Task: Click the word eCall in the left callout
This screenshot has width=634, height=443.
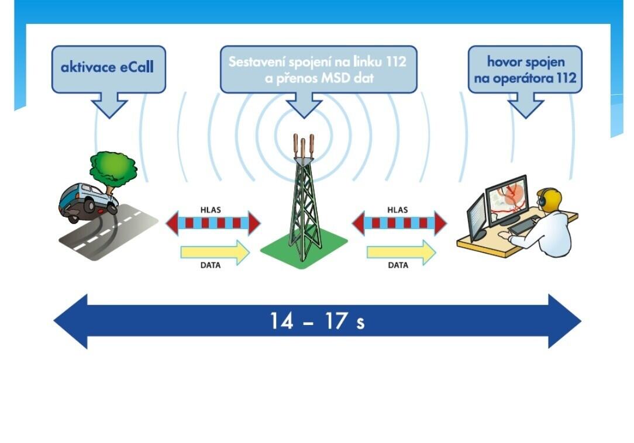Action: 137,67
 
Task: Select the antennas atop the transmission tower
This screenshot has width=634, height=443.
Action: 303,146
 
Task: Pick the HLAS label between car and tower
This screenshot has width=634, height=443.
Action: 210,210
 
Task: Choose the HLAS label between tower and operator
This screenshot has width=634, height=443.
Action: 398,210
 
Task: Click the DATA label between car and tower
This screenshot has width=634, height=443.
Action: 210,265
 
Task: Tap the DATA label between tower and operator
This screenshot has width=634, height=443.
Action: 398,265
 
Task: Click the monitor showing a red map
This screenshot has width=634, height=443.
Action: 506,199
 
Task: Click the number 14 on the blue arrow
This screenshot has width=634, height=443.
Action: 281,321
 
